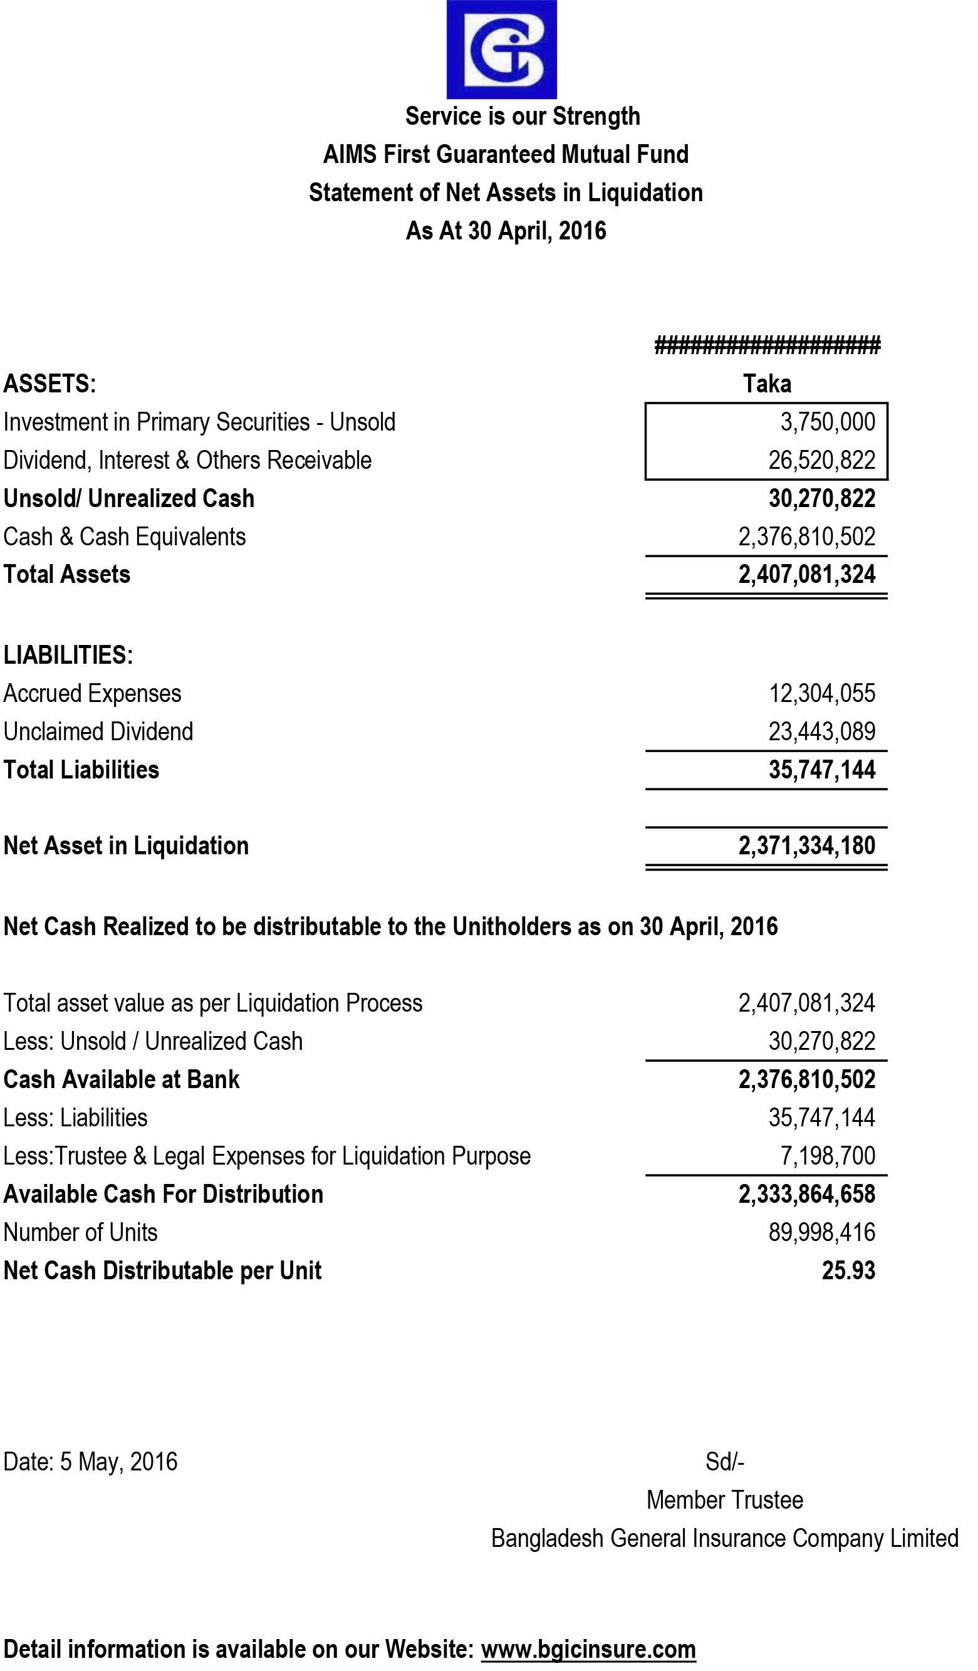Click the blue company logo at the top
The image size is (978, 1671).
pos(501,49)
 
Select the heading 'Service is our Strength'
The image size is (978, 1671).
pos(522,116)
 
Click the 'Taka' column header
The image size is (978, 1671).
pos(767,384)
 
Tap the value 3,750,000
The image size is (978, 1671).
pos(828,422)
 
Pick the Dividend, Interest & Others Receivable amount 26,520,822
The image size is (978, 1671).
pos(821,460)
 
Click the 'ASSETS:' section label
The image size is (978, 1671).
pos(49,384)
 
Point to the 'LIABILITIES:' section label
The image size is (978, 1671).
pos(68,655)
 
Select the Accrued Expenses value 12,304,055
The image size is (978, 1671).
pos(821,694)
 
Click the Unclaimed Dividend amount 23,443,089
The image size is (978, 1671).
pos(821,732)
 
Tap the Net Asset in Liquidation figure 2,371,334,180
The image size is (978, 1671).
pos(806,846)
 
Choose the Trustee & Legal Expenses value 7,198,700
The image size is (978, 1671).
pos(828,1156)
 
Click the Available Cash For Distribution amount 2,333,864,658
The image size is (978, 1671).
pos(806,1194)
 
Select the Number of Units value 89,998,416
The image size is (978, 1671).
pos(821,1233)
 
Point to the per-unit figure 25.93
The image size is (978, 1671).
pos(848,1271)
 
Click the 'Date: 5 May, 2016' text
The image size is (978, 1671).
pos(91,1462)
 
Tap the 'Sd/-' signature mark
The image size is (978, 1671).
pos(725,1462)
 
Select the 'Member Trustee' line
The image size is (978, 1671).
pos(725,1501)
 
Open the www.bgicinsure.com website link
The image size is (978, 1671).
pos(588,1650)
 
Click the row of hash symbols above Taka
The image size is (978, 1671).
pos(767,345)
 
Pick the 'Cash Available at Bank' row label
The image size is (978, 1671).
pos(122,1079)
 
